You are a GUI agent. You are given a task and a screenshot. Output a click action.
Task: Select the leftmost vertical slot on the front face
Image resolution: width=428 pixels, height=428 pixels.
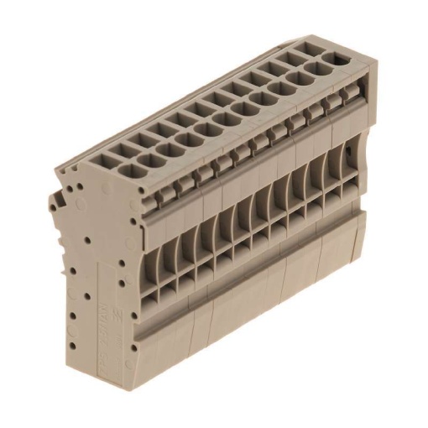(156, 252)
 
